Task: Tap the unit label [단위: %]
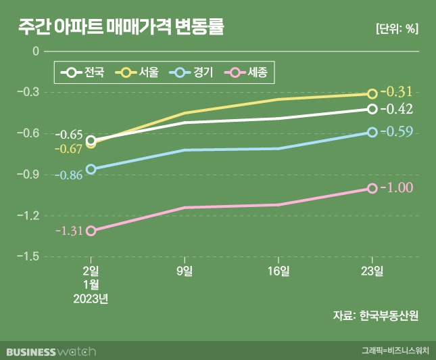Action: (x=396, y=29)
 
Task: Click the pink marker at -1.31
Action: (x=91, y=231)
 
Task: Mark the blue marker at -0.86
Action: (x=91, y=169)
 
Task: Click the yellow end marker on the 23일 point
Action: (x=372, y=94)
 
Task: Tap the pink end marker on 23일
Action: (x=372, y=188)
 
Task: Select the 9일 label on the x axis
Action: (x=185, y=271)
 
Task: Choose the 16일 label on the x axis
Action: (x=278, y=271)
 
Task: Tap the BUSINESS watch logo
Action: (x=50, y=351)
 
